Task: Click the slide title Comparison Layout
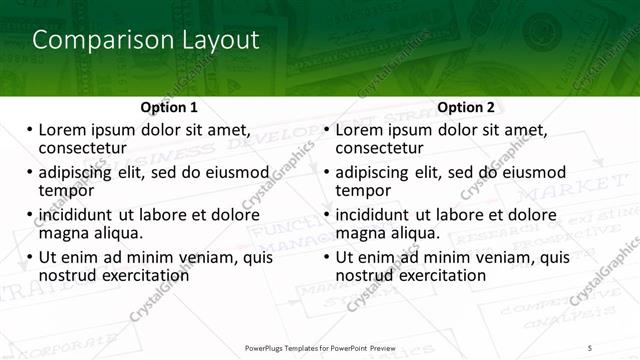(x=146, y=40)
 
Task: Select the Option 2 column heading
(x=466, y=107)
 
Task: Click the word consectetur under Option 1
(x=81, y=148)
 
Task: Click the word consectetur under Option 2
(x=378, y=148)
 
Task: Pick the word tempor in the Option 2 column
(x=362, y=190)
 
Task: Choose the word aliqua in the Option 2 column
(x=414, y=232)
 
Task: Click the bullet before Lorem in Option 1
(x=29, y=130)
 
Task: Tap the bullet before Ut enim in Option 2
(x=326, y=257)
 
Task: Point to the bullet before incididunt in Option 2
(x=326, y=215)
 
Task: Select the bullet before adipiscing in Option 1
(x=29, y=172)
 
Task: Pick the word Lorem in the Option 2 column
(x=358, y=130)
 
